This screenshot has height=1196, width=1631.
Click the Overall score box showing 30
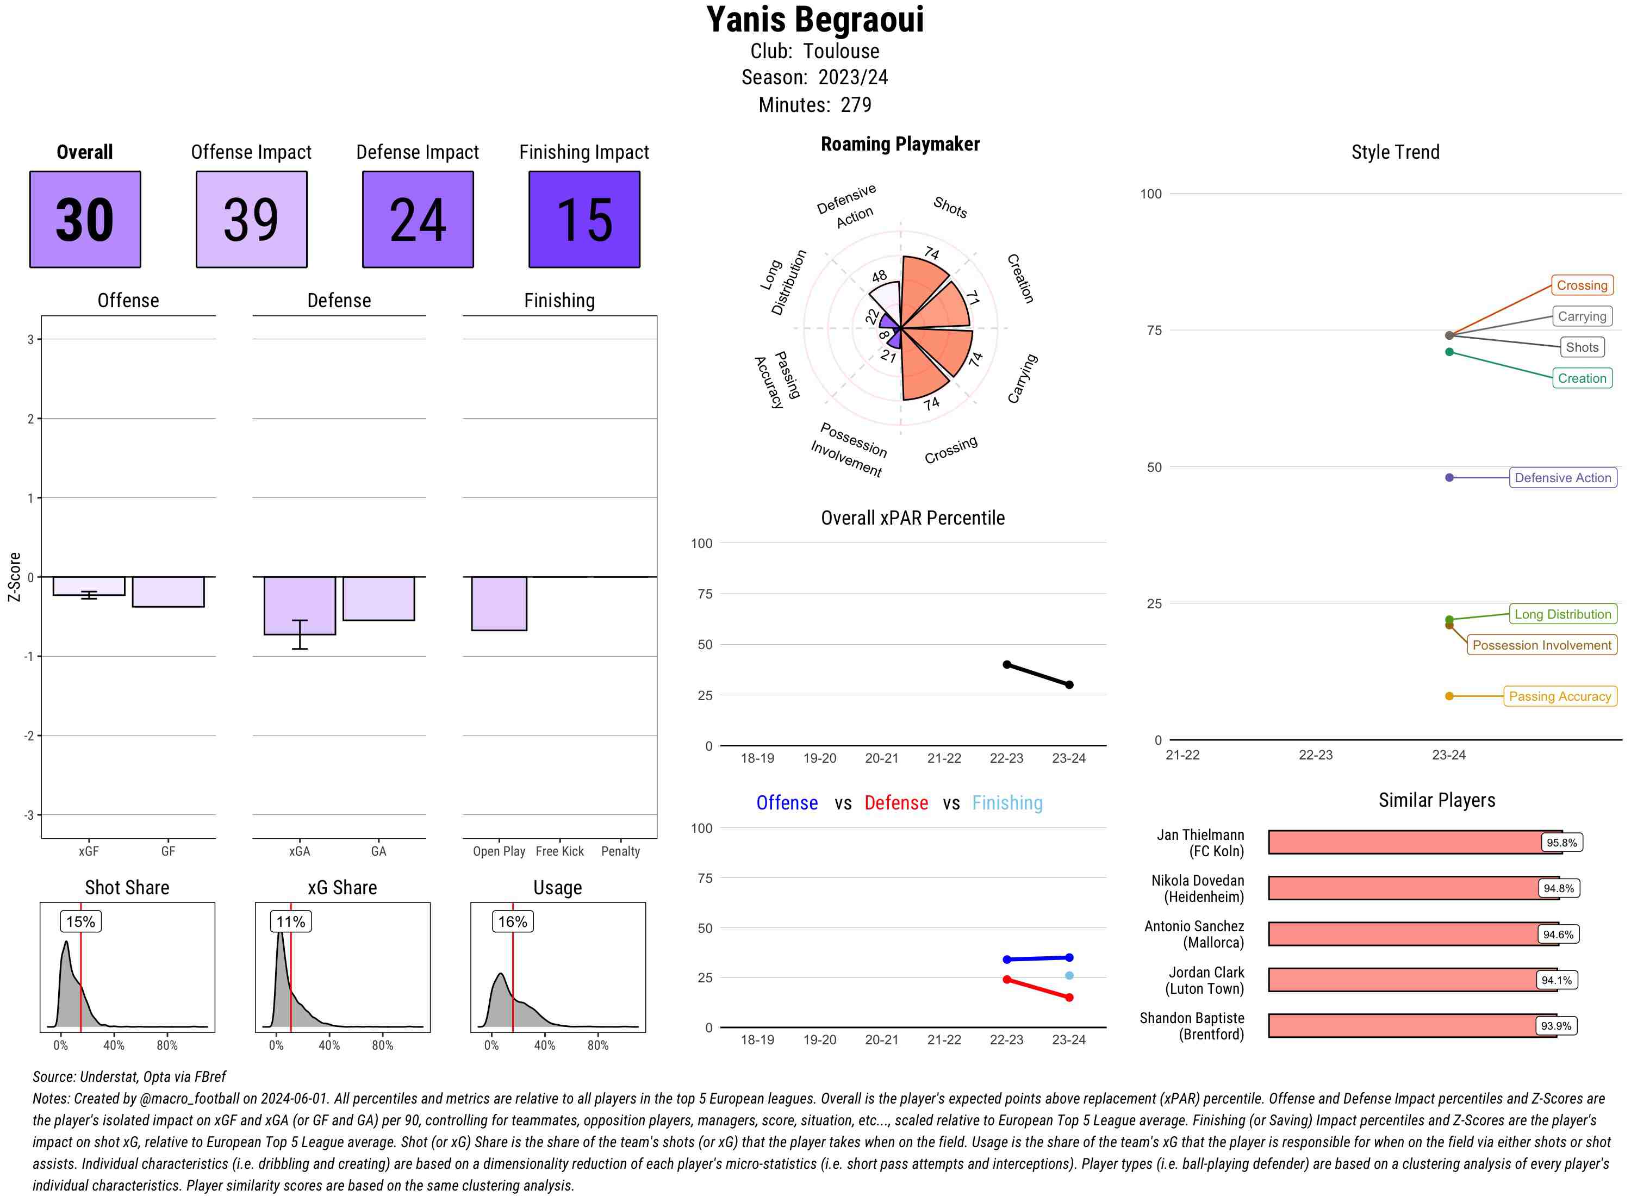[x=85, y=220]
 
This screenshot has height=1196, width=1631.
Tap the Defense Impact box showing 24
[x=418, y=220]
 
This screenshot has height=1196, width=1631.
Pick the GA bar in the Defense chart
[x=378, y=598]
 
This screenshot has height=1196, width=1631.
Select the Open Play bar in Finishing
[x=499, y=603]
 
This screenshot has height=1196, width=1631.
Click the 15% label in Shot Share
[x=80, y=921]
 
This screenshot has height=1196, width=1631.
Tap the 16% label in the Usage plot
[x=513, y=921]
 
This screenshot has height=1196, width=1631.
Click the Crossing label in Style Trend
[x=1581, y=285]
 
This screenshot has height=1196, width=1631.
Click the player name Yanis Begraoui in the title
[x=815, y=20]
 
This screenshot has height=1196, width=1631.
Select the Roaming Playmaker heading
[x=900, y=144]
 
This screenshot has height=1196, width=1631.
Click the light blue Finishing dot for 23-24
[x=1069, y=976]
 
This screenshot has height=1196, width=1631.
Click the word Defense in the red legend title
[x=895, y=803]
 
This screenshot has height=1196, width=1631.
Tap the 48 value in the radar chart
[x=879, y=277]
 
